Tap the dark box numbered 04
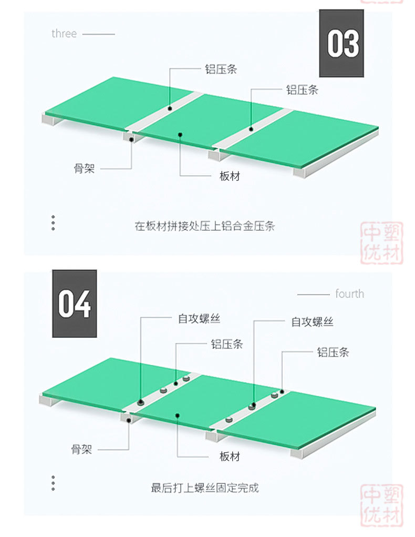pos(74,304)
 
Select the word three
pos(64,34)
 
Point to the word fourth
pos(349,293)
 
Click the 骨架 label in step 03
pos(84,169)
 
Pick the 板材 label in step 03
pos(230,176)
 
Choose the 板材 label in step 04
pos(230,456)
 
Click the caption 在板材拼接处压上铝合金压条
pos(205,227)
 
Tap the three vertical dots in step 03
pos(53,222)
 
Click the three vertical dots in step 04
pos(53,483)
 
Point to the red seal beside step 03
pos(382,243)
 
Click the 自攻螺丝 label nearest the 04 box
pos(199,319)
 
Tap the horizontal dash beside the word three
pos(99,34)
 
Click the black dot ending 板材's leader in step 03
pos(180,135)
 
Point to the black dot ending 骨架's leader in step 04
pos(130,420)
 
